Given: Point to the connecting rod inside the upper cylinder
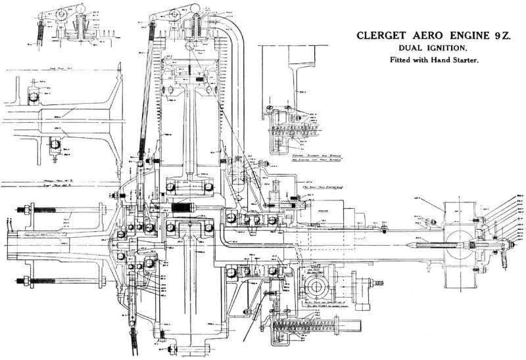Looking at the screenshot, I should (191, 131).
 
